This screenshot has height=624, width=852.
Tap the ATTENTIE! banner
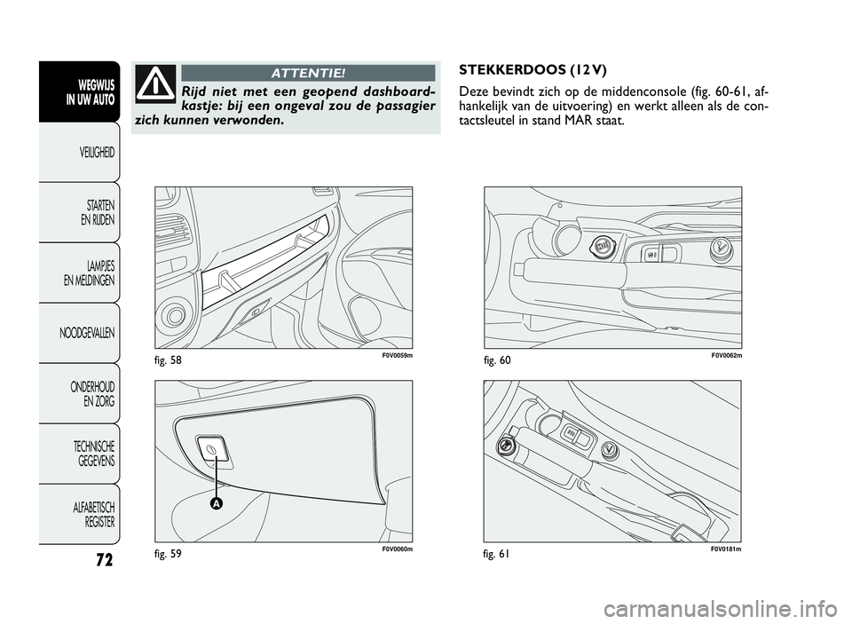pyautogui.click(x=308, y=72)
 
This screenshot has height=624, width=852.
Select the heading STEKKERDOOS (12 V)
pyautogui.click(x=533, y=70)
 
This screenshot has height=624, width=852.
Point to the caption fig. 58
pyautogui.click(x=168, y=359)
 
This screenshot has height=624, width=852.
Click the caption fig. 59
pyautogui.click(x=168, y=554)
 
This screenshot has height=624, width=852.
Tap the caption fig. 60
pyautogui.click(x=498, y=359)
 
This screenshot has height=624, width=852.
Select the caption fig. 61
pyautogui.click(x=497, y=554)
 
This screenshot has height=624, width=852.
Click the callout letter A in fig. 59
pyautogui.click(x=216, y=503)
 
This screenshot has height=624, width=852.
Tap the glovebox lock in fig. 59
pyautogui.click(x=212, y=449)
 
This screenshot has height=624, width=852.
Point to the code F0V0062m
pyautogui.click(x=727, y=355)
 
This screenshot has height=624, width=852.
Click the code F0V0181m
pyautogui.click(x=727, y=549)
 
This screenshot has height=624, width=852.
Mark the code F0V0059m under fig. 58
pyautogui.click(x=398, y=355)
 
